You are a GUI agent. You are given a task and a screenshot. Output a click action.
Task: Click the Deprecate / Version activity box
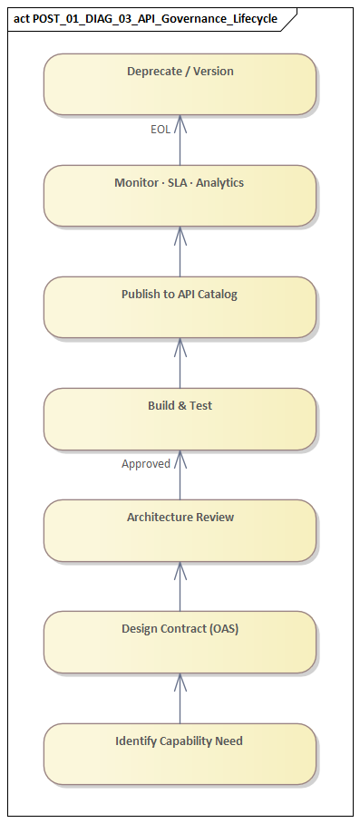pyautogui.click(x=180, y=84)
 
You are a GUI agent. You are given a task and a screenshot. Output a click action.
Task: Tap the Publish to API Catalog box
pyautogui.click(x=180, y=307)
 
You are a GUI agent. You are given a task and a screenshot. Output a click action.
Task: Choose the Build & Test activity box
pyautogui.click(x=180, y=419)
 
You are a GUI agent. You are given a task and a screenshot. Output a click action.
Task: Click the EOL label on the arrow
pyautogui.click(x=160, y=130)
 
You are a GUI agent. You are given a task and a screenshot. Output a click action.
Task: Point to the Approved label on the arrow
pyautogui.click(x=146, y=464)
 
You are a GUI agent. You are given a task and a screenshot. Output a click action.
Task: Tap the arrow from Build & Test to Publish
pyautogui.click(x=180, y=363)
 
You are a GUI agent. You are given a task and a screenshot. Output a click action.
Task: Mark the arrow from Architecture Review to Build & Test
pyautogui.click(x=180, y=475)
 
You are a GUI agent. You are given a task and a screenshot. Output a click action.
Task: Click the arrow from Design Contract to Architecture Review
pyautogui.click(x=180, y=586)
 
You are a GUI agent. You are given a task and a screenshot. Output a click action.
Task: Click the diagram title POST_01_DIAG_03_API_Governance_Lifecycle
pyautogui.click(x=155, y=18)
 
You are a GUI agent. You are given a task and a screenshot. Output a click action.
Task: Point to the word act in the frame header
pyautogui.click(x=22, y=18)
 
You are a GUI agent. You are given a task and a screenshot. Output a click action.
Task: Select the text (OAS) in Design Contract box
pyautogui.click(x=222, y=629)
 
